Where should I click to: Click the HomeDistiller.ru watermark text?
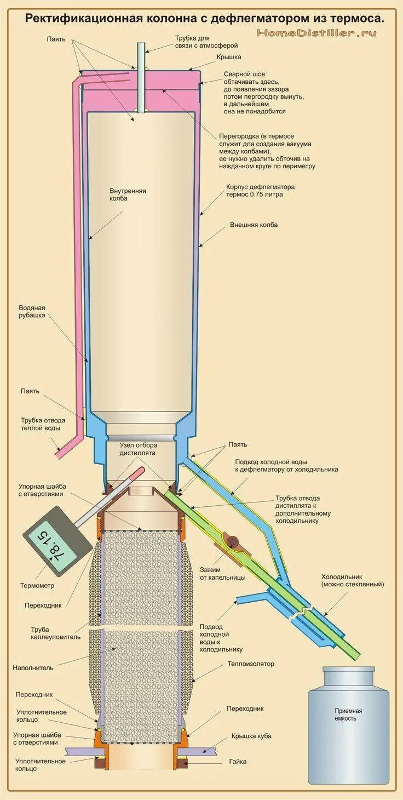(316, 33)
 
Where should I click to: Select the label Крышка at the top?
(229, 57)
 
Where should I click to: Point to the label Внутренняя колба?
(128, 195)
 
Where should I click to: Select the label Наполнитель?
(33, 668)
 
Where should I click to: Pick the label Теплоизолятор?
(251, 664)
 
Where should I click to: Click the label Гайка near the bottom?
(238, 762)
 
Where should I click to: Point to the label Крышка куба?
(251, 736)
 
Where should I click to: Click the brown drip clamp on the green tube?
(233, 542)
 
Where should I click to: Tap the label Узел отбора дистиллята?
(138, 449)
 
